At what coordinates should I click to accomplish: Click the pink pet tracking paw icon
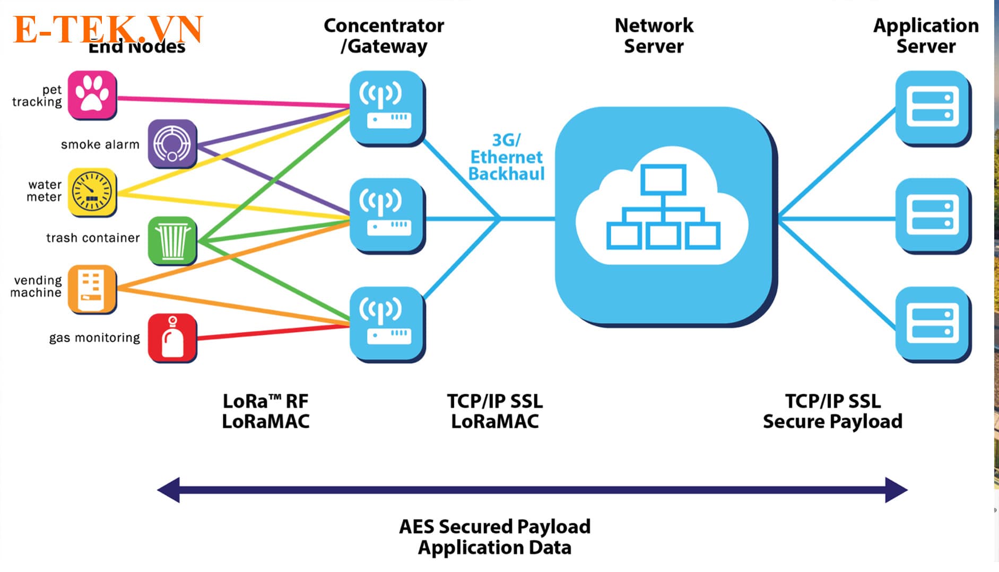92,94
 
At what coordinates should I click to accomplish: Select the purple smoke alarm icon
172,143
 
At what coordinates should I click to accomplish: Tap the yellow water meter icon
92,192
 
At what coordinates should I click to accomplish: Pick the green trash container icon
172,240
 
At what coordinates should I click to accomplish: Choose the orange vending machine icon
92,289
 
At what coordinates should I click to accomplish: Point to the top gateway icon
387,108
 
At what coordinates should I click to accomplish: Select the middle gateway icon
387,215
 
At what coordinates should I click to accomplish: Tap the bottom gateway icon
387,324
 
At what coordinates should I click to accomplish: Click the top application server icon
933,108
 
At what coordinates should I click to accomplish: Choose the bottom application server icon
933,324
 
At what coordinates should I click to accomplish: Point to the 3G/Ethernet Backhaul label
506,157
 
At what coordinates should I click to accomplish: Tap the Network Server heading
654,36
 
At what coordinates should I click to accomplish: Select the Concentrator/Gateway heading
384,36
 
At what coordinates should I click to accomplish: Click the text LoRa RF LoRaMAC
265,411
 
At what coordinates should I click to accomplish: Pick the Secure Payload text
832,421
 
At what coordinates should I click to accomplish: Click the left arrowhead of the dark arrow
169,489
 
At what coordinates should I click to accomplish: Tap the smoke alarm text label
100,144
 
